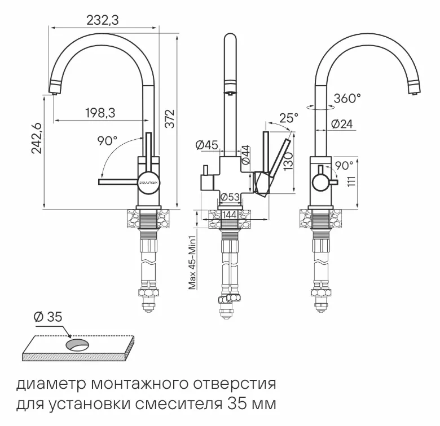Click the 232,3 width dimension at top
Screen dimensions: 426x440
pos(103,20)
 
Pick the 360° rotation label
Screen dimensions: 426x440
pos(346,99)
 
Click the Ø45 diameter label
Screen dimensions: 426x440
pos(207,145)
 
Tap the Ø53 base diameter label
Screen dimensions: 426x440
pos(229,197)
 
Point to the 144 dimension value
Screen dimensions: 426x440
pos(229,215)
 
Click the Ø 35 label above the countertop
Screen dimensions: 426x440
pos(47,317)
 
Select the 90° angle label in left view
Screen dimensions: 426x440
pos(107,141)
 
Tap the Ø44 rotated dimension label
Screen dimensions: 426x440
pos(245,155)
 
